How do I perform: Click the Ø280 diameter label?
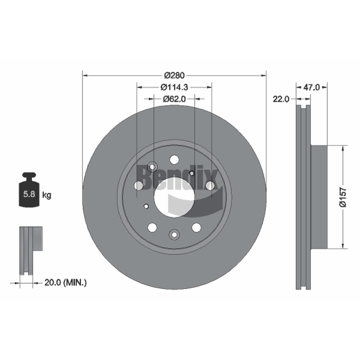click(x=175, y=75)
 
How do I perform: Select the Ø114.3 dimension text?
click(x=174, y=87)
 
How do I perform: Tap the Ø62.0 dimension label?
click(x=174, y=99)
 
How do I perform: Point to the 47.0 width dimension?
click(x=311, y=87)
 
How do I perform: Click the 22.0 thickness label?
click(x=281, y=99)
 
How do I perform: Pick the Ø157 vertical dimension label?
click(x=343, y=197)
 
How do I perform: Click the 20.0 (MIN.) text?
click(x=65, y=283)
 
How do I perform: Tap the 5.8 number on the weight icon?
click(x=29, y=194)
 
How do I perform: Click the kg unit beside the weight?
click(x=47, y=195)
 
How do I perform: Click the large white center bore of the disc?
click(x=174, y=197)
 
